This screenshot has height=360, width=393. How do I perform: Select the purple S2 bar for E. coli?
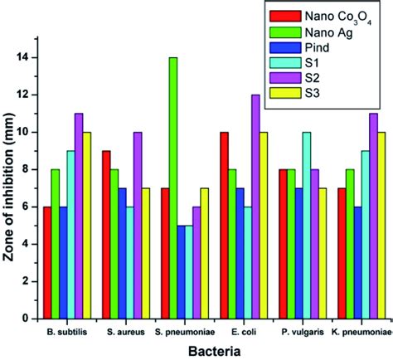[x=255, y=207]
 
